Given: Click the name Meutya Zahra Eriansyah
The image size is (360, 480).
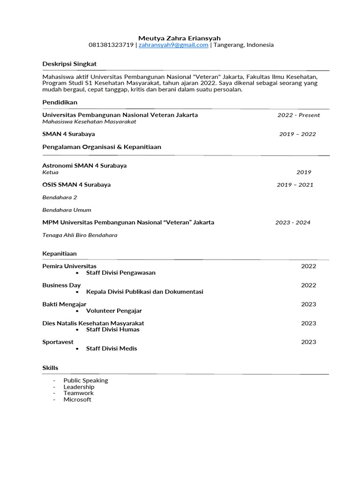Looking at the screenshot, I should (x=180, y=38).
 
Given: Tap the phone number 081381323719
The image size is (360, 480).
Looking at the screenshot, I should (x=111, y=45).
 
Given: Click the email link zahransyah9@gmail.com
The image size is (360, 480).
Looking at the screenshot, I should (x=173, y=45).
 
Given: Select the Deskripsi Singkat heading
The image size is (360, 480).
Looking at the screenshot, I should (x=69, y=64).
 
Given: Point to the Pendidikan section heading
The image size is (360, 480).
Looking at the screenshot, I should (x=60, y=102).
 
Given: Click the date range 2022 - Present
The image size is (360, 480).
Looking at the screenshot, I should (x=299, y=115).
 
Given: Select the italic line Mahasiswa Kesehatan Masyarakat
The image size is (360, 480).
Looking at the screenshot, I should (x=89, y=122).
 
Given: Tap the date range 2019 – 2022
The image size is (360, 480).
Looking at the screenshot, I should (x=298, y=134).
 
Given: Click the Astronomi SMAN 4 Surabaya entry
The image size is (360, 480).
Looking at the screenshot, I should (x=84, y=165).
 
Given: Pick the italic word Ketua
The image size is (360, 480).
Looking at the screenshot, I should (x=51, y=172).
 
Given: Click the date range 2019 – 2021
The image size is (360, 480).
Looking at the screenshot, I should (x=295, y=185).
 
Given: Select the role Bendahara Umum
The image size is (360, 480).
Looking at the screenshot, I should (x=67, y=210).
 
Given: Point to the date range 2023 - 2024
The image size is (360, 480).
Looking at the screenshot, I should (x=293, y=223).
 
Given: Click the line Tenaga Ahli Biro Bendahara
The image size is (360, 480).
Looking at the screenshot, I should (x=80, y=235).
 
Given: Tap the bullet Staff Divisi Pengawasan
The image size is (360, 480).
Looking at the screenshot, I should (x=120, y=273).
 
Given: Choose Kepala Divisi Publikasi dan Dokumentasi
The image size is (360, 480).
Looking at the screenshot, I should (x=144, y=292).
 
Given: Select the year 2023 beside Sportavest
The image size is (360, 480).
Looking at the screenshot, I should (x=308, y=342).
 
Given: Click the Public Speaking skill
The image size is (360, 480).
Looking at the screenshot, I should (x=86, y=381).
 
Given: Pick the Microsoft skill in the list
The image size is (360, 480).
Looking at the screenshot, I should (x=77, y=400).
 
